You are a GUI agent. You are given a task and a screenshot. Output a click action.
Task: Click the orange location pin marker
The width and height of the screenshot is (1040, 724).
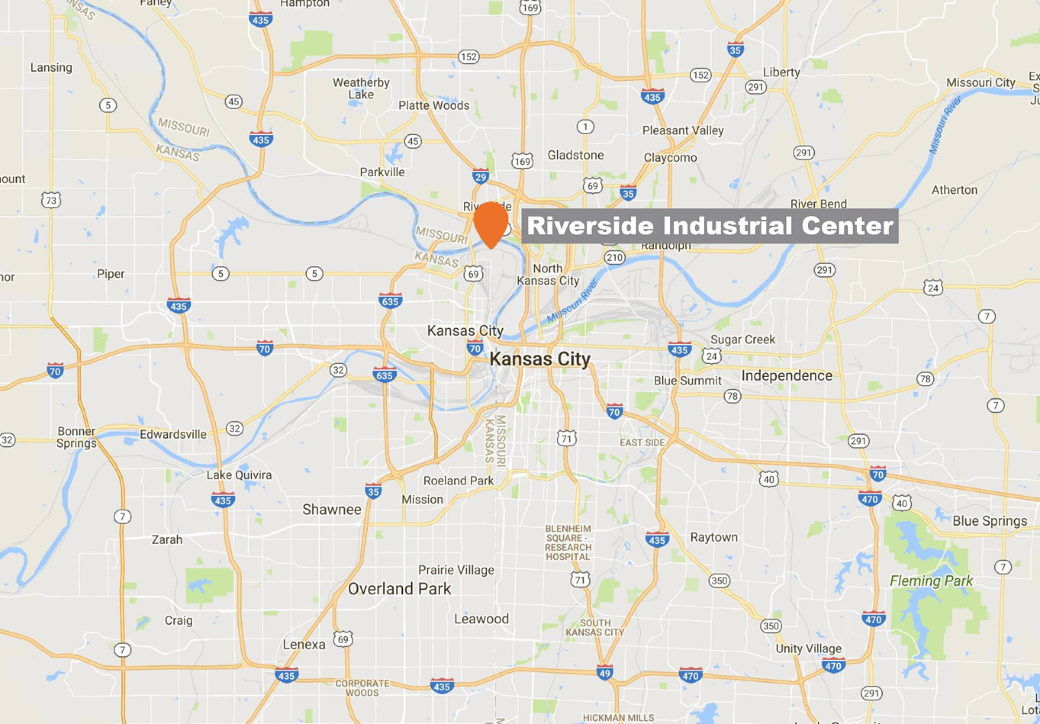tap(491, 223)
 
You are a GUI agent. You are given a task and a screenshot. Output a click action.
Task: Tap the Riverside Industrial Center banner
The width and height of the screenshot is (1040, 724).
tap(709, 226)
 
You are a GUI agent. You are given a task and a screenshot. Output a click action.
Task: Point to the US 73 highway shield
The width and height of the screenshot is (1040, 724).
tap(51, 200)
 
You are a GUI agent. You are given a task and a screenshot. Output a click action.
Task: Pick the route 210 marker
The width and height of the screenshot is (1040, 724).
tap(614, 258)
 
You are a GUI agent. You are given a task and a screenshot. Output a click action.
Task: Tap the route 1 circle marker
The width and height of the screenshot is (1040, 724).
tap(585, 127)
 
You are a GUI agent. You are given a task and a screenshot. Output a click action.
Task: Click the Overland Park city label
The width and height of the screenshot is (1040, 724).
tap(399, 589)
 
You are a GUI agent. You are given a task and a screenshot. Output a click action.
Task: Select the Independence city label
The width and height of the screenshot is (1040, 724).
tap(787, 375)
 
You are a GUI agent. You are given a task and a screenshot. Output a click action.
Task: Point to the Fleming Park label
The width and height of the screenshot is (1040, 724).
tap(931, 581)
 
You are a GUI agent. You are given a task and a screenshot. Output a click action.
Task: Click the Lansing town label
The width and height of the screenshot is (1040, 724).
tap(51, 67)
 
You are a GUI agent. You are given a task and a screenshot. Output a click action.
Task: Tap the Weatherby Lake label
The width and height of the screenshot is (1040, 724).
tap(361, 88)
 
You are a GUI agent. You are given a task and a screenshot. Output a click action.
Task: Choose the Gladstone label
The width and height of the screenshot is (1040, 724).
tap(575, 155)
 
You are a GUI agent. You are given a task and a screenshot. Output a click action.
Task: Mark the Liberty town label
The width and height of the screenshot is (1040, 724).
tap(781, 72)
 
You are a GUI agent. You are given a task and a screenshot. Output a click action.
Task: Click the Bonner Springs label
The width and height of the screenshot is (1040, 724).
tap(76, 437)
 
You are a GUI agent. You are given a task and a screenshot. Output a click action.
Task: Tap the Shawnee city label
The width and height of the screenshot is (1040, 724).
tap(332, 509)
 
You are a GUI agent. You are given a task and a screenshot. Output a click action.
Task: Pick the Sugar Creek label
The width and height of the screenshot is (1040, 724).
tap(742, 339)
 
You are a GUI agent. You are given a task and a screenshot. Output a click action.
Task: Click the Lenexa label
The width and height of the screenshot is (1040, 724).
tap(304, 644)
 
